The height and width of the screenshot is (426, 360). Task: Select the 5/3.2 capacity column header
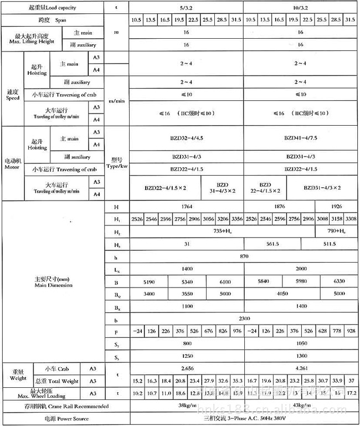[186, 8]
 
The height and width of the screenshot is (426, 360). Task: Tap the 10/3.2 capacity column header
[300, 8]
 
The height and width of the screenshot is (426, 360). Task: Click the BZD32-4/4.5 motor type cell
[186, 138]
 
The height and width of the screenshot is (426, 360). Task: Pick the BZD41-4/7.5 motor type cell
[300, 138]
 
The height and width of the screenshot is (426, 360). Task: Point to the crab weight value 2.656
[186, 368]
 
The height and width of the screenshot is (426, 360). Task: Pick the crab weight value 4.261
[300, 368]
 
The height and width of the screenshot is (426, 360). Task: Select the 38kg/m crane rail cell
[186, 407]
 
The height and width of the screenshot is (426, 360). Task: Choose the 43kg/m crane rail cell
[300, 407]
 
